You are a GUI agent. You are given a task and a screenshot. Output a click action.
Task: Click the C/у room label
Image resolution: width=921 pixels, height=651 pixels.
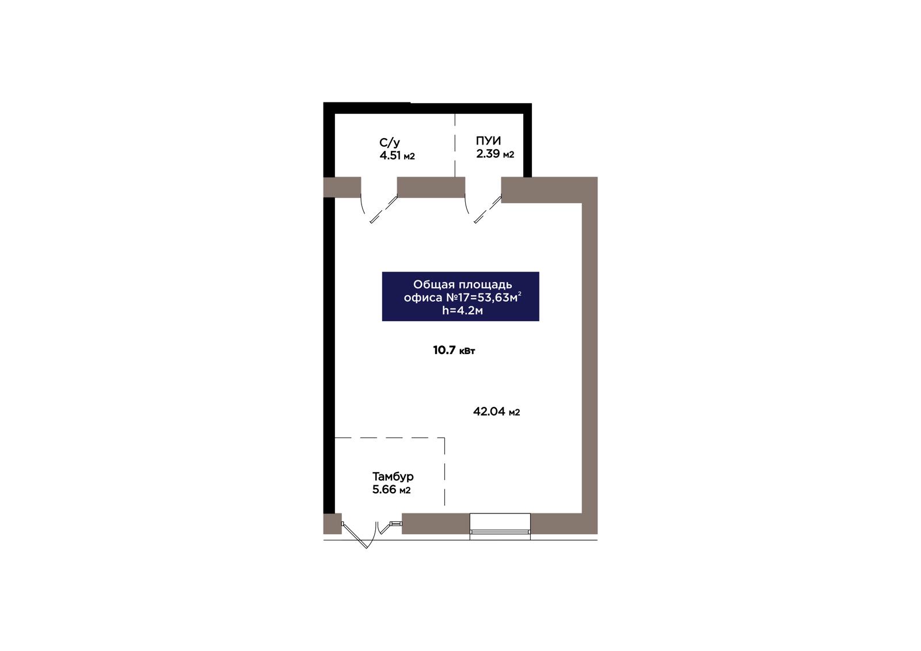(x=389, y=143)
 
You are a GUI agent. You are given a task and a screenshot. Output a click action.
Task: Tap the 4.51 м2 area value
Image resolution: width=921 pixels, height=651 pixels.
(x=397, y=156)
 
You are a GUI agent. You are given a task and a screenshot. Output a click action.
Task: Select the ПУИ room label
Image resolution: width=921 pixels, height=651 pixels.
(x=489, y=140)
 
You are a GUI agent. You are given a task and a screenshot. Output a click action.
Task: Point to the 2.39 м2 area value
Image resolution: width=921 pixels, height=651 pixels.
(x=495, y=154)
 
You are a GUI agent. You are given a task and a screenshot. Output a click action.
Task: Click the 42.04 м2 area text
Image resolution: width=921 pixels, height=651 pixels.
(x=497, y=412)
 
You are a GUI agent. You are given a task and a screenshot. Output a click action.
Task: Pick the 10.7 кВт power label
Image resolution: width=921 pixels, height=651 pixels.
(x=454, y=350)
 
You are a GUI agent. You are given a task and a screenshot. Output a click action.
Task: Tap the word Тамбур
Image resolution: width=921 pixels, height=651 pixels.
(x=393, y=477)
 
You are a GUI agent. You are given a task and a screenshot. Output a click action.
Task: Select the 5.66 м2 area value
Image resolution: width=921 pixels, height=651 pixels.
(x=391, y=490)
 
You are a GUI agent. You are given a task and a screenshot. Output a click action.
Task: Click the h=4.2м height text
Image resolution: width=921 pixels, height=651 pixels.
(x=463, y=310)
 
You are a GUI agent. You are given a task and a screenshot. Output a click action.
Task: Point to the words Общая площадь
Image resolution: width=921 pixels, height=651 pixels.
(x=463, y=284)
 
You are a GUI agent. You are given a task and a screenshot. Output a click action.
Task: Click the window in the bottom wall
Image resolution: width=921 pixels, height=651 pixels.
(x=500, y=527)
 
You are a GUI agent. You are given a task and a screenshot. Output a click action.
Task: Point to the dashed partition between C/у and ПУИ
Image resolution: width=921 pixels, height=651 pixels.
(x=455, y=145)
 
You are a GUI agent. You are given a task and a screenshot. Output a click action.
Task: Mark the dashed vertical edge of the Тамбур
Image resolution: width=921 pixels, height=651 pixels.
(x=444, y=471)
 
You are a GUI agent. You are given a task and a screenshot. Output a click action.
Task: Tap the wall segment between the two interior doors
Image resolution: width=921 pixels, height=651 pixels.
(x=431, y=187)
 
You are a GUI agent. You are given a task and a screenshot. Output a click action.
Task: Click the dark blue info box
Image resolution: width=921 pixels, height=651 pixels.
(x=461, y=296)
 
